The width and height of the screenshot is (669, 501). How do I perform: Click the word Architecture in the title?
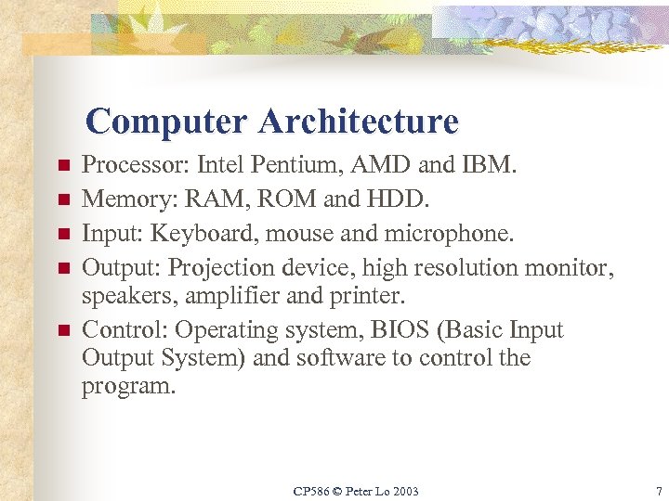click(359, 122)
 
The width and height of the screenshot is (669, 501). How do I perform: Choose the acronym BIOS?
click(384, 330)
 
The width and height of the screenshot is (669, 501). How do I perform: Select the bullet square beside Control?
click(63, 331)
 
